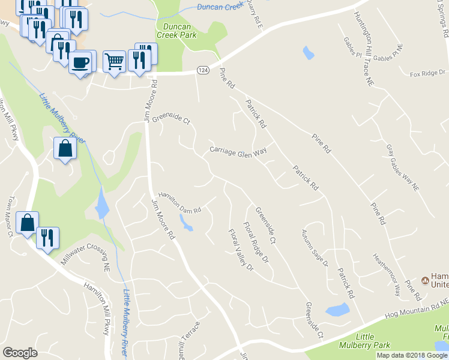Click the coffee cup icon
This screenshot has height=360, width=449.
click(80, 62)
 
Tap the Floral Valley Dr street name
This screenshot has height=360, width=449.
click(241, 249)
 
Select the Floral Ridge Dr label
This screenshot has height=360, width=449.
click(256, 242)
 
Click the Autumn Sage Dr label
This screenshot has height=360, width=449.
click(315, 247)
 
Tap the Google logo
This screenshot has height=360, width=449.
click(20, 353)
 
